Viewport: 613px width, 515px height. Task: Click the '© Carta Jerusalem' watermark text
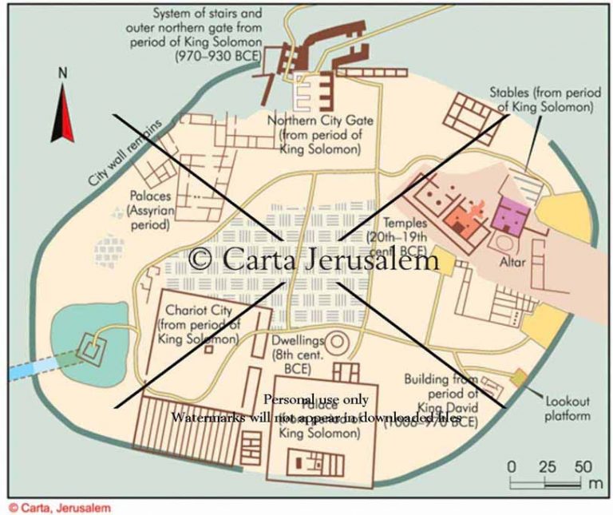click(x=314, y=260)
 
